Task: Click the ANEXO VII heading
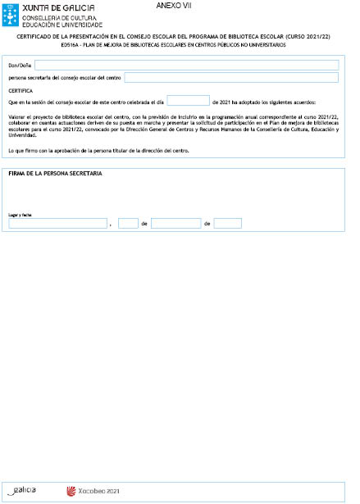point(173,6)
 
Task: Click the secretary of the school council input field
point(231,78)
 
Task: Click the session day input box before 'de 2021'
point(188,101)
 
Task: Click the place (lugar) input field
point(57,223)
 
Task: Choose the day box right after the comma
point(128,223)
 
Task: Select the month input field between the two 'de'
point(175,223)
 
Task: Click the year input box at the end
point(227,223)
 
